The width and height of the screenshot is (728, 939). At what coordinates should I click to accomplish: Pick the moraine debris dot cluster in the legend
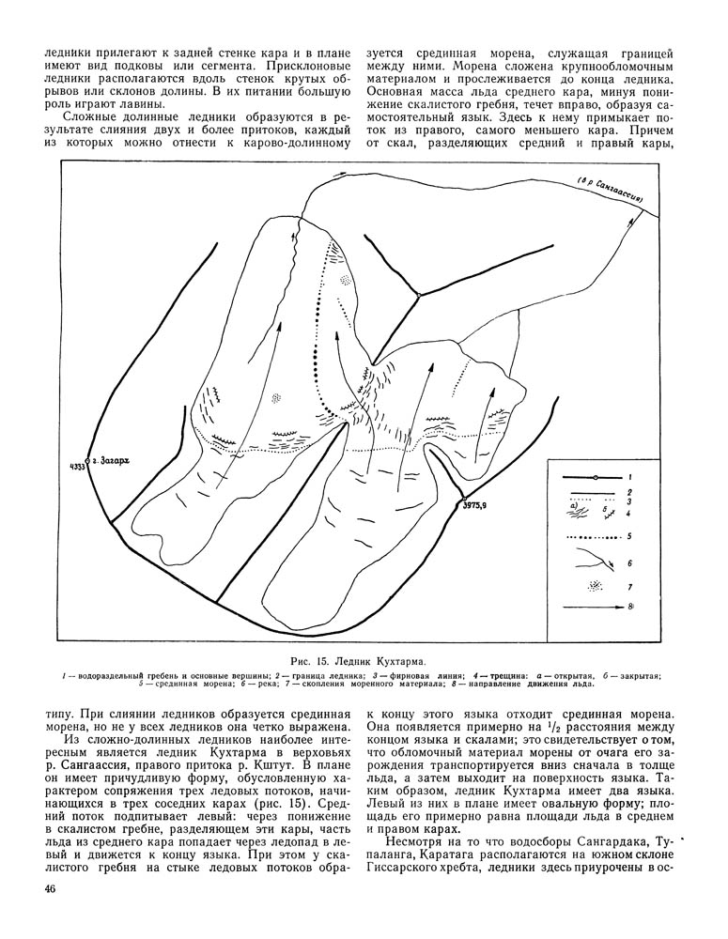pos(594,586)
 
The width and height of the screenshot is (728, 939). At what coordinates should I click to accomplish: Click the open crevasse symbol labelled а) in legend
pos(575,512)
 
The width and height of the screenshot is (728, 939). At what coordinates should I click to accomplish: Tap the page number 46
pos(52,888)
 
